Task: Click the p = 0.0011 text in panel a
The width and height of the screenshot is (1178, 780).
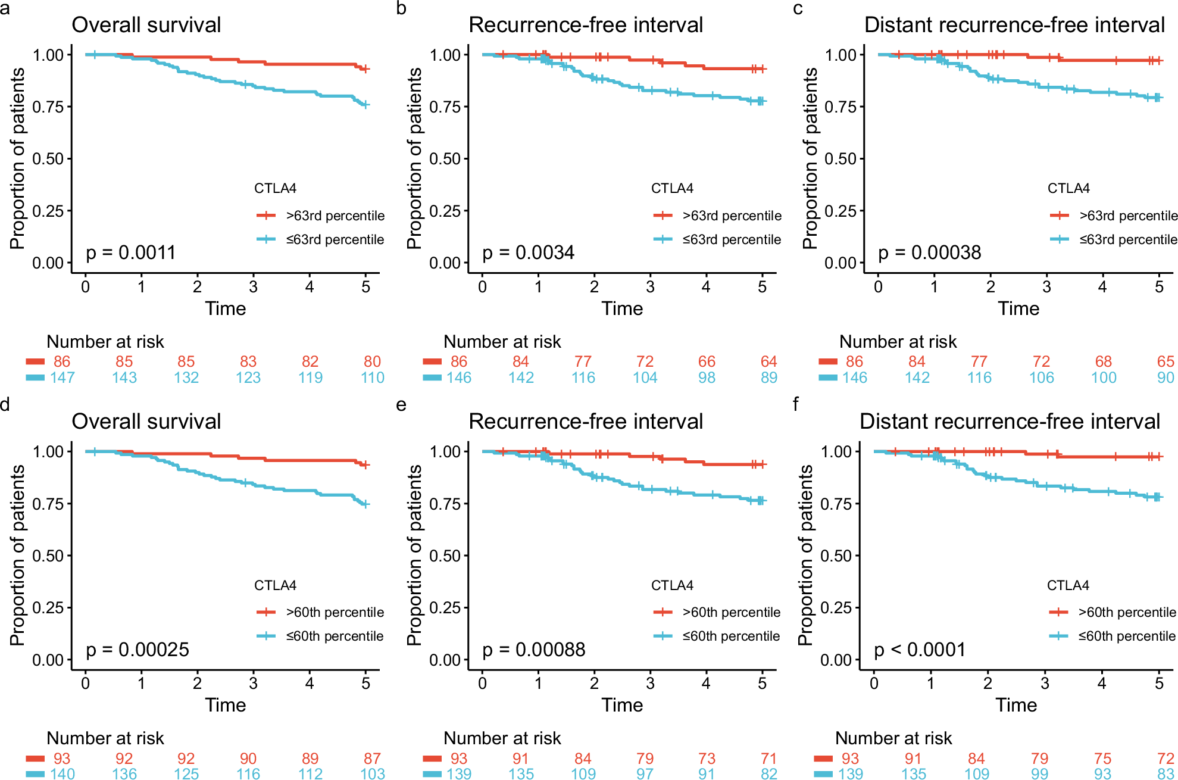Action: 131,252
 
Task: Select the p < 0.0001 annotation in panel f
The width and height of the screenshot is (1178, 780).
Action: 920,649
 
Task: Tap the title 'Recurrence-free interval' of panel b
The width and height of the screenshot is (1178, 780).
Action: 586,25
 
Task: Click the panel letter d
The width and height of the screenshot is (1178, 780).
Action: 5,405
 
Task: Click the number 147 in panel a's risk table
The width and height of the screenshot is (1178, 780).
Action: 63,377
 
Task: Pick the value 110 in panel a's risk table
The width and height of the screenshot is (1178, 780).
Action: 373,377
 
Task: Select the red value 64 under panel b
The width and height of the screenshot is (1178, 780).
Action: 768,361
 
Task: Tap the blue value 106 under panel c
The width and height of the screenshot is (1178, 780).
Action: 1041,377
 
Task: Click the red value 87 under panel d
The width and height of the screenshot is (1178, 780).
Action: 372,758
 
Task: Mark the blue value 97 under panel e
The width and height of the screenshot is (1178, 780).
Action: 645,773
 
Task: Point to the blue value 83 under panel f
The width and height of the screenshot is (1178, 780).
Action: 1165,773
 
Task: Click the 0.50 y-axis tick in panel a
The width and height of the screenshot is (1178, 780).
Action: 48,159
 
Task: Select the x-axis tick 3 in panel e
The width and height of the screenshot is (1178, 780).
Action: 650,683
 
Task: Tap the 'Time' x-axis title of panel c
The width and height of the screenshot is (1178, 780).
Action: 1018,308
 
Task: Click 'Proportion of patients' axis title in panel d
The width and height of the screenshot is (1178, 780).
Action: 18,555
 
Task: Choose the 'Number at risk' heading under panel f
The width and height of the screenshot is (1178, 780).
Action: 893,738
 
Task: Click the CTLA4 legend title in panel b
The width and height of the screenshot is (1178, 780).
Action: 672,188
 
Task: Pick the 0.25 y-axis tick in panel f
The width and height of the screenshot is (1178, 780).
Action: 836,608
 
